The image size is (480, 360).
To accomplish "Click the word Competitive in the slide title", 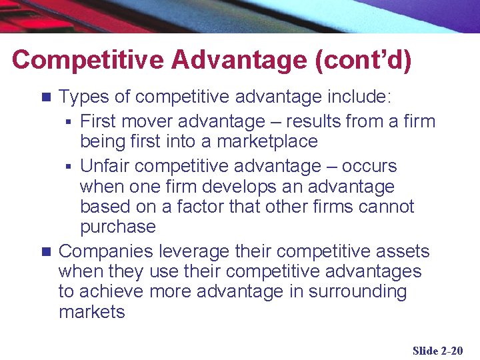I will [87, 60].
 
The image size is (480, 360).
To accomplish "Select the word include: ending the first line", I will [359, 97].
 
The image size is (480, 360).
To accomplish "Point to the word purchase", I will [118, 227].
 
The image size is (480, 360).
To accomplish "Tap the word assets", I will [403, 251].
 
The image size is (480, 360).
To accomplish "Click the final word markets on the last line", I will [91, 311].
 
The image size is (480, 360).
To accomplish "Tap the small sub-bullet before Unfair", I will [69, 166].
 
